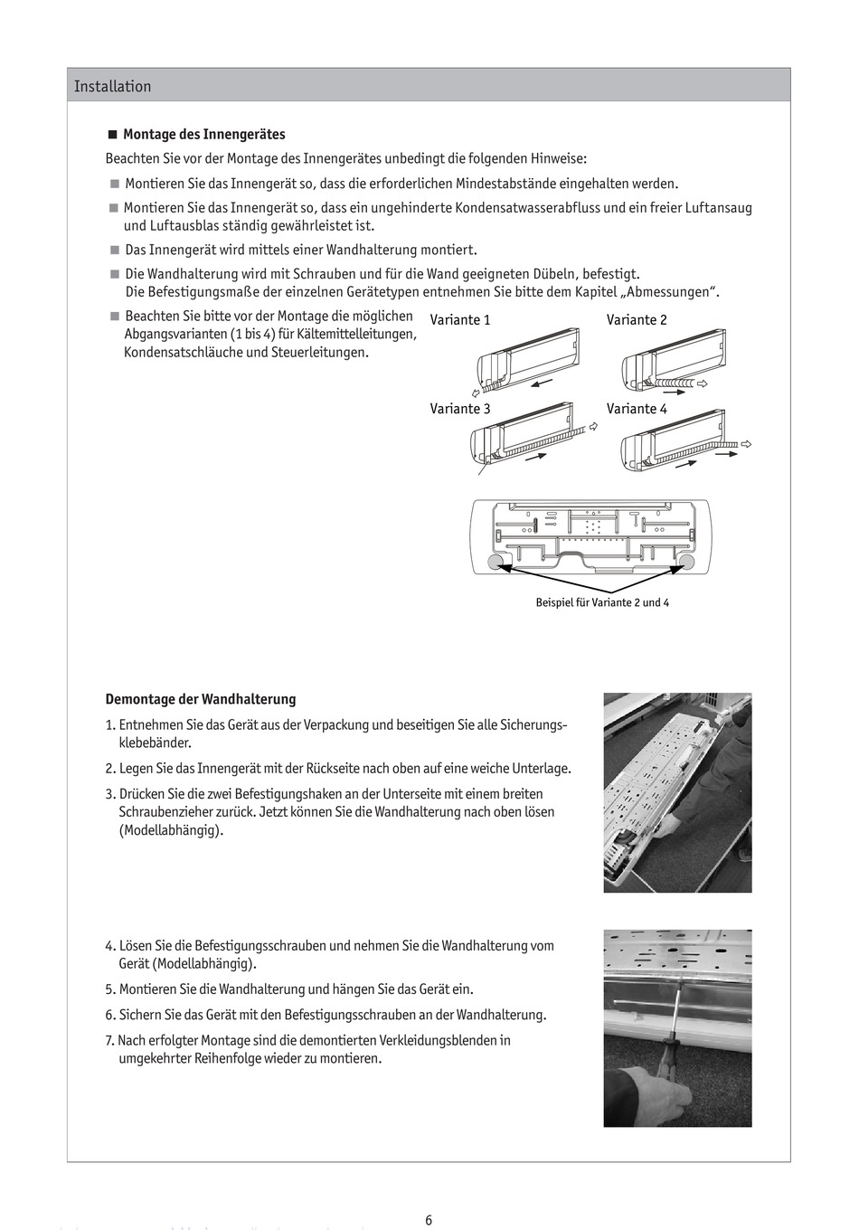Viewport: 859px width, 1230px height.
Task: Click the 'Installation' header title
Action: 112,87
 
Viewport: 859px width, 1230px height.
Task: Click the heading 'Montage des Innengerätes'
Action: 203,135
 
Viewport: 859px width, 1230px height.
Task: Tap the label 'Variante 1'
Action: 460,320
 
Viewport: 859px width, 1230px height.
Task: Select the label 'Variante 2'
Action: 637,320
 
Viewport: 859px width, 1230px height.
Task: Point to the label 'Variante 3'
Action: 460,409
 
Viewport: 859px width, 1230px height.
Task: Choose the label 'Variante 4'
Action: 637,409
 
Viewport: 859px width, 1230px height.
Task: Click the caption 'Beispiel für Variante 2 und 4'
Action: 602,602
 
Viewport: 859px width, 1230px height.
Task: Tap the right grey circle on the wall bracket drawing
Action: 684,563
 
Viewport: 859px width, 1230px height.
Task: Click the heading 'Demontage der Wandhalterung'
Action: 201,699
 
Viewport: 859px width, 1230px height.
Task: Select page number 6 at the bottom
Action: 429,1220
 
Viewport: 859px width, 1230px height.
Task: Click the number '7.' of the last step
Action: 110,1041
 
